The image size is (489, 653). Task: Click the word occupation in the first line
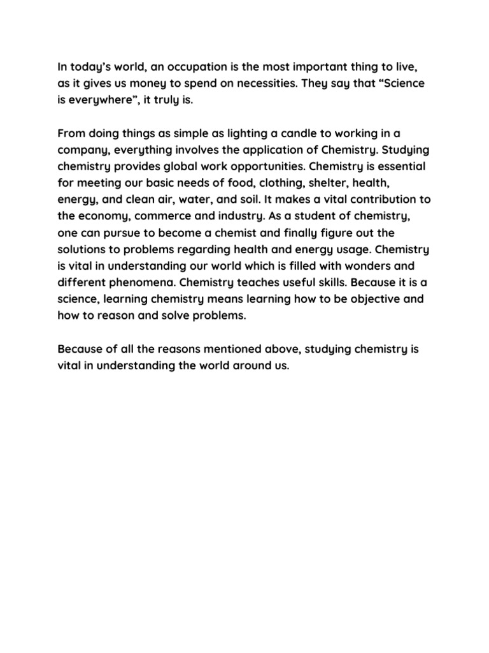click(191, 66)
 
